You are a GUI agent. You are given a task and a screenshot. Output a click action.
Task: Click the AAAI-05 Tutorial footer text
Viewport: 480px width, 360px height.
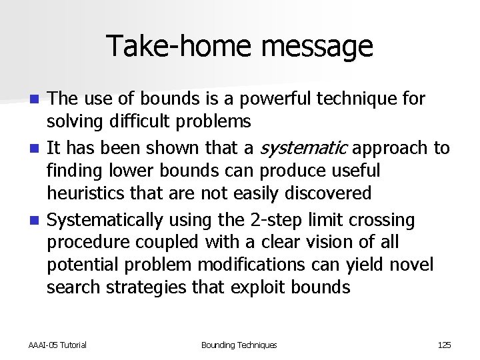coord(57,345)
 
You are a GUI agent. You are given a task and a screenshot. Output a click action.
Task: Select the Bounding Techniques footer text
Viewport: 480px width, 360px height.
coord(239,345)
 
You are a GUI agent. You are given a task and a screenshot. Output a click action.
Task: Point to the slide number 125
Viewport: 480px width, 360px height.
coord(444,345)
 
